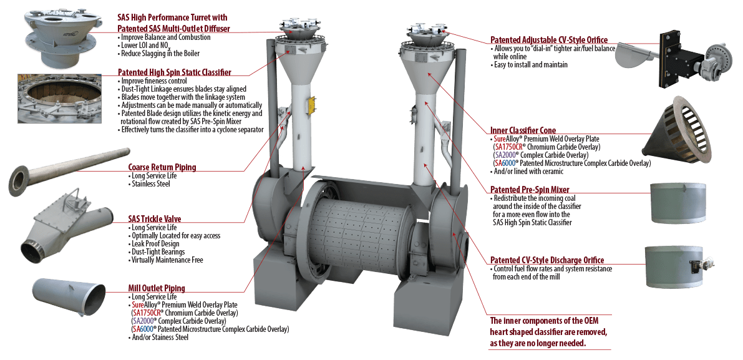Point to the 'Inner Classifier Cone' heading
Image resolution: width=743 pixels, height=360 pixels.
click(x=522, y=130)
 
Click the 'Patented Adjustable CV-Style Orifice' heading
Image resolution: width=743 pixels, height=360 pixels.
click(x=548, y=40)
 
